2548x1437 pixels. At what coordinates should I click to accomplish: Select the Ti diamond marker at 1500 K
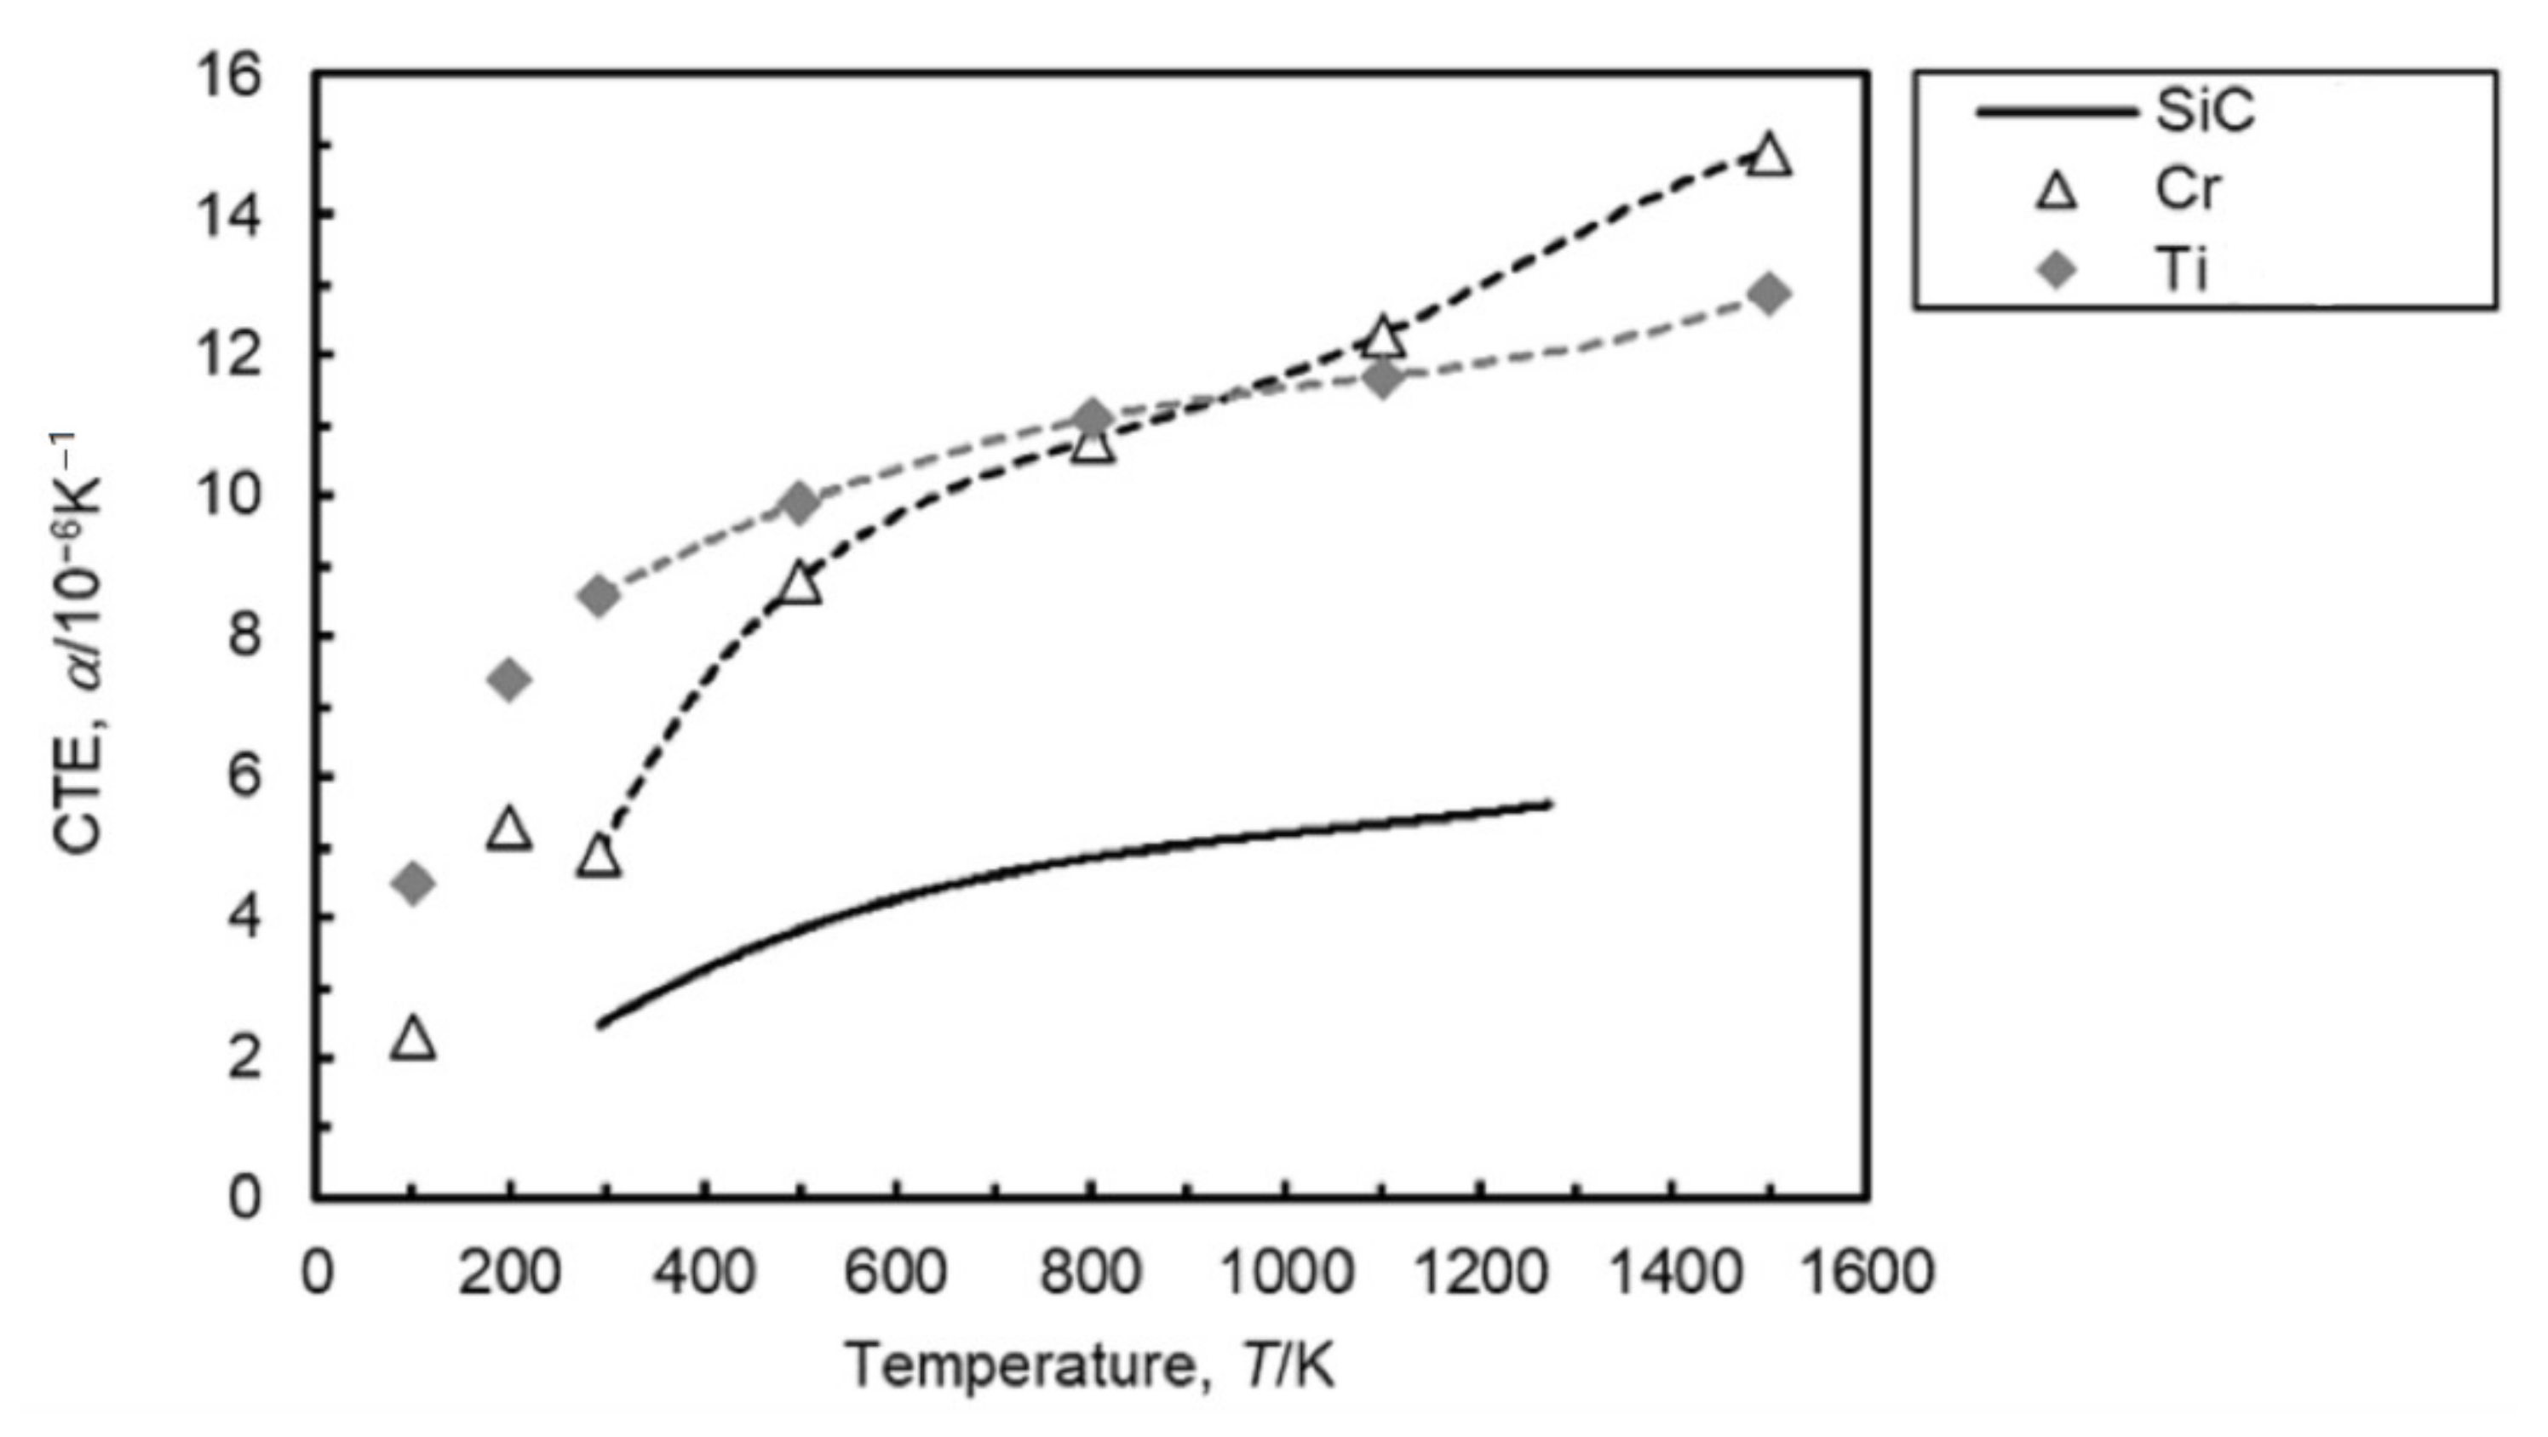[1769, 294]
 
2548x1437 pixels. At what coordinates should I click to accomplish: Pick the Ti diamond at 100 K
[414, 882]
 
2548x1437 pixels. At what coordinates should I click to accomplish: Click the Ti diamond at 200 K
[509, 679]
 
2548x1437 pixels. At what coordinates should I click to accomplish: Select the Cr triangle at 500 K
[801, 586]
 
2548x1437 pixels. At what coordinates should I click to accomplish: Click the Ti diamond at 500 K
[801, 503]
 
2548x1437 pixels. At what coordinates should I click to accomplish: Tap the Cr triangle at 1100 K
[1383, 339]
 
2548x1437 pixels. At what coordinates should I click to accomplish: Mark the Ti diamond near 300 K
[599, 595]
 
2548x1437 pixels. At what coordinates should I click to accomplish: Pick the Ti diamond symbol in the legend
[2057, 268]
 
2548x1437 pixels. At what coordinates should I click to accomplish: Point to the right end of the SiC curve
[1550, 804]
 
